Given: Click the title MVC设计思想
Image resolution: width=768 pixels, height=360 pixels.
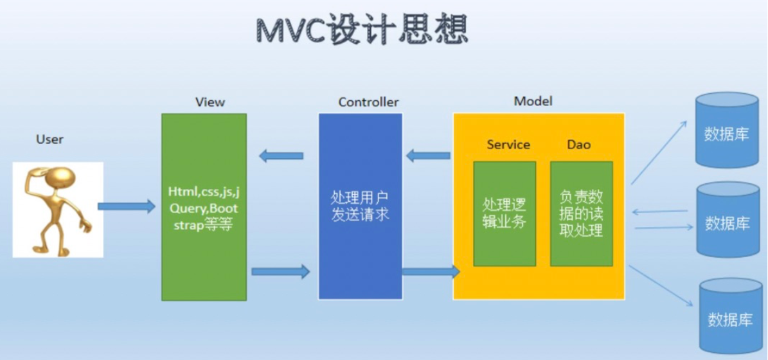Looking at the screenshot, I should [x=362, y=30].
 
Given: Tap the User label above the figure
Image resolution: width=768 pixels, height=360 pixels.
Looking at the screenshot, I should [x=50, y=139].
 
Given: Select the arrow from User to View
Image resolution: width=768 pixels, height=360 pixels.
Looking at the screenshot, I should [x=126, y=206].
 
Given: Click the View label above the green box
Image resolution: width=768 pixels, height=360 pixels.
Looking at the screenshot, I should [x=210, y=102].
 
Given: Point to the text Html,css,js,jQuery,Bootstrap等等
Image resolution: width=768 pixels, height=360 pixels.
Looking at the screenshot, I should [x=204, y=208].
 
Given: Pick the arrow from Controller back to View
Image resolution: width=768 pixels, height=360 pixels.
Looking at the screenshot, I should [x=281, y=156].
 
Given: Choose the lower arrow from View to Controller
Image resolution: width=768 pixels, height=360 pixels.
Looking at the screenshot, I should [x=280, y=271].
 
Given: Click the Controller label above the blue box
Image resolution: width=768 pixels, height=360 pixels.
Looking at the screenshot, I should [x=368, y=102].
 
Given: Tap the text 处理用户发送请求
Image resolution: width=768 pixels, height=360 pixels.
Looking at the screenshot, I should [x=360, y=206].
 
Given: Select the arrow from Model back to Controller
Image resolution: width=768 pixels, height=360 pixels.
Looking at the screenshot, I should [x=428, y=156].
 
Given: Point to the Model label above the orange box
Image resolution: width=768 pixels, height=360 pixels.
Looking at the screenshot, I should [x=533, y=101].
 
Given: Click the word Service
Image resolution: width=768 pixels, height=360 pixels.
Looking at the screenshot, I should [x=508, y=145].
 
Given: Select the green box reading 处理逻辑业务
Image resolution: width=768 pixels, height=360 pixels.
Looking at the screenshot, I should [x=505, y=213].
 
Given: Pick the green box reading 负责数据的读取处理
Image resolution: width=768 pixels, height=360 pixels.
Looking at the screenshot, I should [x=581, y=213].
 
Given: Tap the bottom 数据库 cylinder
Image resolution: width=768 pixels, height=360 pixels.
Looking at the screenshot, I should [x=730, y=316].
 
